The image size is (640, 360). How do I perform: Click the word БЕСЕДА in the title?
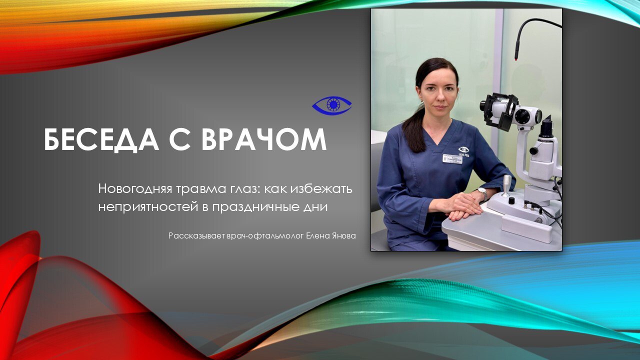coord(101,139)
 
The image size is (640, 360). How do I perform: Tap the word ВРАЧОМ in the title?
coord(264,139)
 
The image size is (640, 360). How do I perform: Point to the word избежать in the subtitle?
coord(321,189)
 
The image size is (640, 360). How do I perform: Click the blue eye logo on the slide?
coord(331,105)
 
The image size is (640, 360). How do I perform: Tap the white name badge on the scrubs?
coord(452,159)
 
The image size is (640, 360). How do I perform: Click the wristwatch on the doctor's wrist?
coord(482,193)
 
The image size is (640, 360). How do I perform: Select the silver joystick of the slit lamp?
coord(506,185)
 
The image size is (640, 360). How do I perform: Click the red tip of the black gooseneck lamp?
coord(517,59)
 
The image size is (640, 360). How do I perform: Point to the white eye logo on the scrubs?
coord(463,149)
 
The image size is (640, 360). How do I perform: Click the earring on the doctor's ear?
coord(422,101)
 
